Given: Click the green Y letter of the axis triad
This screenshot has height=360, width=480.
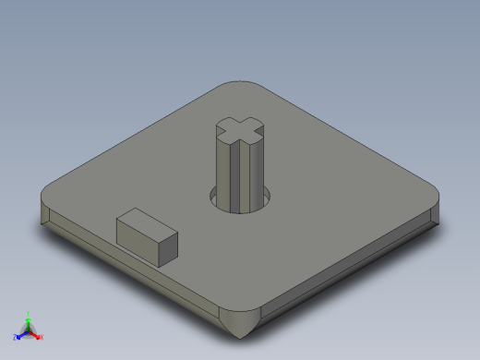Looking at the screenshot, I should tap(29, 313).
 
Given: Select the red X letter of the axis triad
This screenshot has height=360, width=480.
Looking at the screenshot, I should tap(42, 337).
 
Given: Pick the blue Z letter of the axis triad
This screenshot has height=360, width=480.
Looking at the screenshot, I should tap(15, 337).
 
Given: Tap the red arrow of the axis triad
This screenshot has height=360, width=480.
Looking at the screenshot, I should tap(36, 334).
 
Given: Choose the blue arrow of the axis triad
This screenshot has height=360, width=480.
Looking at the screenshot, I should tap(21, 334).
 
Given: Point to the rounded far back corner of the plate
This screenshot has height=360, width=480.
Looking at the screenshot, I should tap(242, 85).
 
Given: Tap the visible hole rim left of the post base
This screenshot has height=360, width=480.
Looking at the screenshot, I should tap(213, 196).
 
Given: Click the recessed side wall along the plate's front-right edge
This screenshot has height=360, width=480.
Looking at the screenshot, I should tap(351, 268).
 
